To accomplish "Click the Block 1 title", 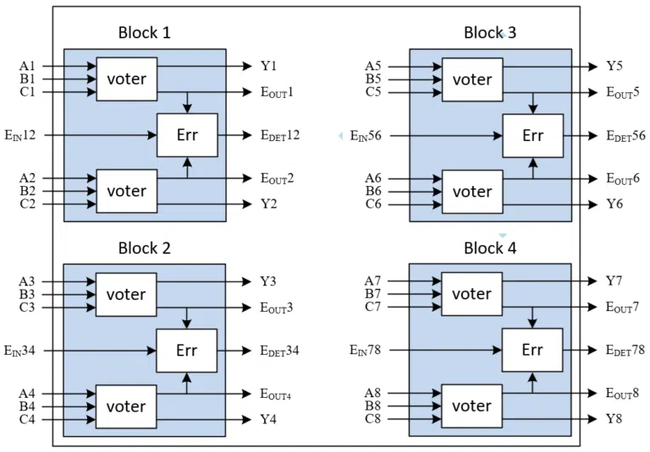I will tap(144, 33).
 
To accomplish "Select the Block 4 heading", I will tap(490, 248).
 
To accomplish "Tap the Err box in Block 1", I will tap(187, 134).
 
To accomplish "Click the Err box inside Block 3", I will tap(532, 135).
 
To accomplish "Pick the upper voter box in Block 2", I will tap(126, 294).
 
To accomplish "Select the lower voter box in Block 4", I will tap(471, 406).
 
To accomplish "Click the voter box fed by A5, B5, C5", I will tap(471, 79).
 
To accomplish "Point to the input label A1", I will tap(28, 66).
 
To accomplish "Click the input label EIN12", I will tap(20, 134).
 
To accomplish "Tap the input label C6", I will tap(373, 204).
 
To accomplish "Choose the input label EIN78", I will tap(366, 350).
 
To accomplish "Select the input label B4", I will tap(28, 406).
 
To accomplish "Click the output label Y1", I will tap(268, 66).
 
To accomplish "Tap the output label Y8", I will tap(614, 419).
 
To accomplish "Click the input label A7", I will tap(373, 281).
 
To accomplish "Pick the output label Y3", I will tap(268, 281).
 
